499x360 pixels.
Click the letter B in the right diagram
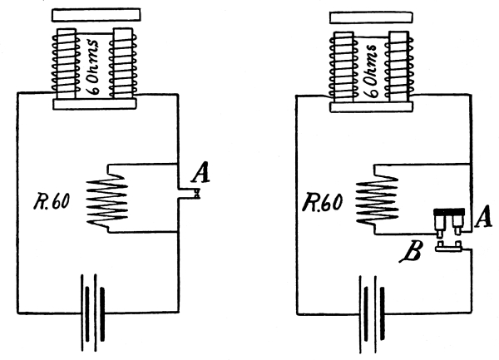pos(413,252)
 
